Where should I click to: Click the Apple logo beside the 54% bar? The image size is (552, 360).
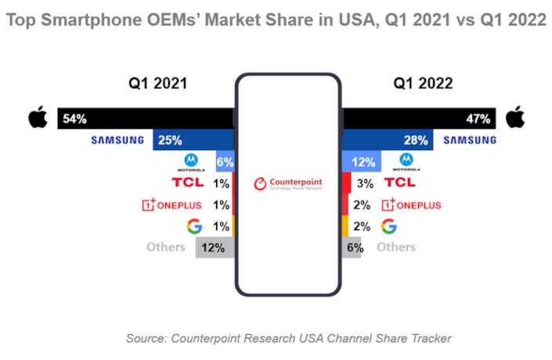click(36, 119)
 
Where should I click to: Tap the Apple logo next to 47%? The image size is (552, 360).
click(514, 119)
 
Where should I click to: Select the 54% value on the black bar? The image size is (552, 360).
click(74, 120)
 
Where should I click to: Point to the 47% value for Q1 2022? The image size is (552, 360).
click(478, 120)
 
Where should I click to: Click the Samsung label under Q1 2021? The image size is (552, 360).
click(118, 141)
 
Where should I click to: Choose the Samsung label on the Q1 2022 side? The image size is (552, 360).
click(470, 141)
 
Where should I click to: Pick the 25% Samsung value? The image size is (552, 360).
click(170, 141)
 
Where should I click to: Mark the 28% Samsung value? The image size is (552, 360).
click(416, 141)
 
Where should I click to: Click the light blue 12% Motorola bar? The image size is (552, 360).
click(363, 162)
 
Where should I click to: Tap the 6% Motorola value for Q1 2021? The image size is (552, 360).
click(225, 162)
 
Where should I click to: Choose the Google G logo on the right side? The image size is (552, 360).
click(387, 226)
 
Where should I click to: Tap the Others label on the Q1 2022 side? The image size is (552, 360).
click(396, 247)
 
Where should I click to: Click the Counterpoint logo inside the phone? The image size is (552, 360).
click(287, 184)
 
